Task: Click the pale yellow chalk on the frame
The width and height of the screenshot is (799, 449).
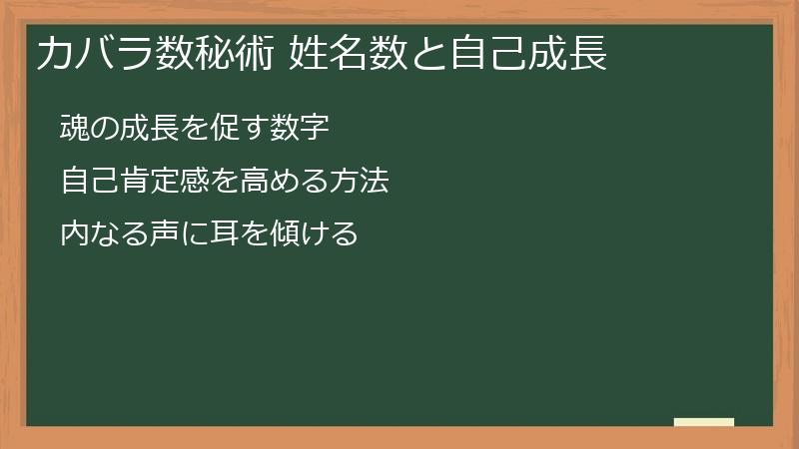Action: click(704, 422)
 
